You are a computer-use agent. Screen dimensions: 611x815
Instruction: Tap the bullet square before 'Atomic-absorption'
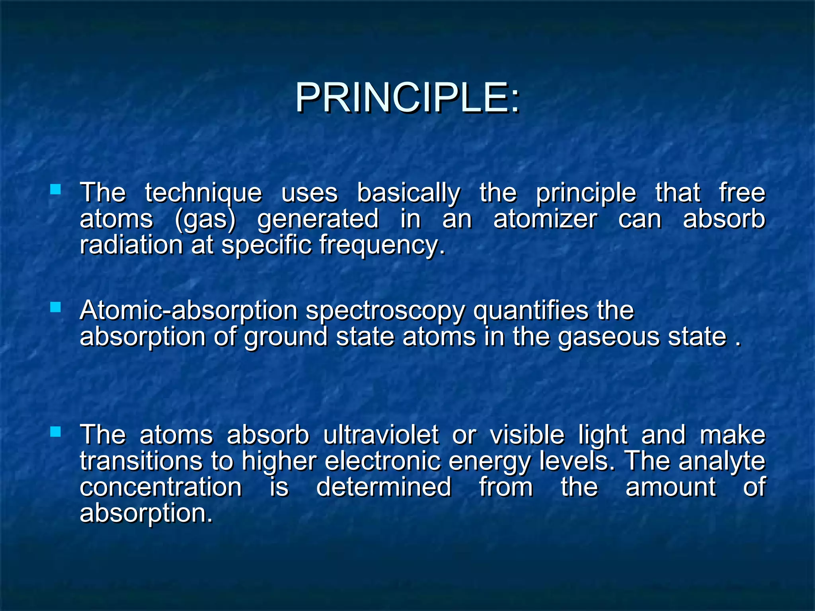click(x=56, y=307)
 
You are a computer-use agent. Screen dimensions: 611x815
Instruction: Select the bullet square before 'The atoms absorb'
click(x=56, y=432)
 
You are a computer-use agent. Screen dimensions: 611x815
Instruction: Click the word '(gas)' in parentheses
click(x=205, y=220)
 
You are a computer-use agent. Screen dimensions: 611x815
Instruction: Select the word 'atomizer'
click(x=545, y=220)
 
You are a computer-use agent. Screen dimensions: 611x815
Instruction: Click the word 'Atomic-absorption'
click(x=189, y=311)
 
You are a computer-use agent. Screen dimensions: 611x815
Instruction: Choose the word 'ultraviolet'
click(x=381, y=435)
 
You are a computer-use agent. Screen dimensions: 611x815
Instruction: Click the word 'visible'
click(x=527, y=435)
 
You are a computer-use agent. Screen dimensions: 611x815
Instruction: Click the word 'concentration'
click(x=161, y=487)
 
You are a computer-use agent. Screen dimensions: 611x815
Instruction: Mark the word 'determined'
click(x=384, y=487)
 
